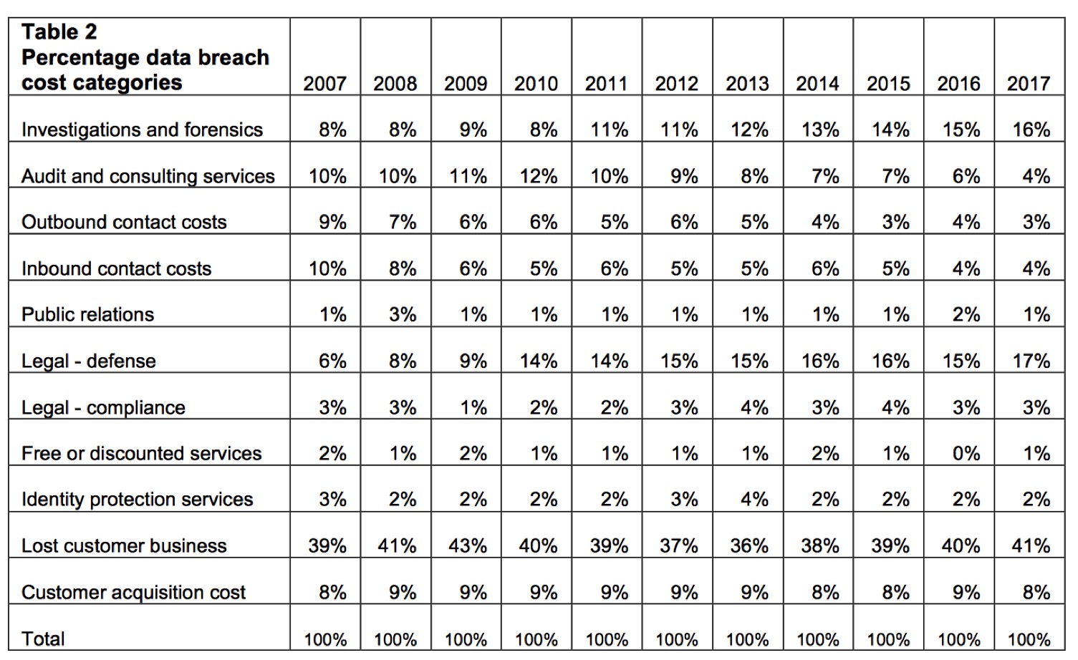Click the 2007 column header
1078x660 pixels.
324,84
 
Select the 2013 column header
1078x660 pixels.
747,84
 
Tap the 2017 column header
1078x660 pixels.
1029,84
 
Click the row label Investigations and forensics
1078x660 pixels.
142,130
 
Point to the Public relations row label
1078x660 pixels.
87,314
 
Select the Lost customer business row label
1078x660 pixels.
124,545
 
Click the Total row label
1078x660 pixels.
43,639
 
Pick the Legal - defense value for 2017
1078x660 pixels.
1031,361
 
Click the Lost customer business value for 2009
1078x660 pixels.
468,545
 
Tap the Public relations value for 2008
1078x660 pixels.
403,314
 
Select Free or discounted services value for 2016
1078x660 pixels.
966,453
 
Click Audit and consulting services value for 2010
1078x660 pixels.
538,176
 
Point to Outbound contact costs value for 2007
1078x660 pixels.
332,222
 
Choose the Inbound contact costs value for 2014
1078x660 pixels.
825,268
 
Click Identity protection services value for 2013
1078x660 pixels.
754,499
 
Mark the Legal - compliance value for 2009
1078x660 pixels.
473,407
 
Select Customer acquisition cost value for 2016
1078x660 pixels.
966,592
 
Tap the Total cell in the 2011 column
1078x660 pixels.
607,639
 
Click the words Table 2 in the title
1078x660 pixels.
59,32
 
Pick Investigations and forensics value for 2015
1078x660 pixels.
890,130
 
